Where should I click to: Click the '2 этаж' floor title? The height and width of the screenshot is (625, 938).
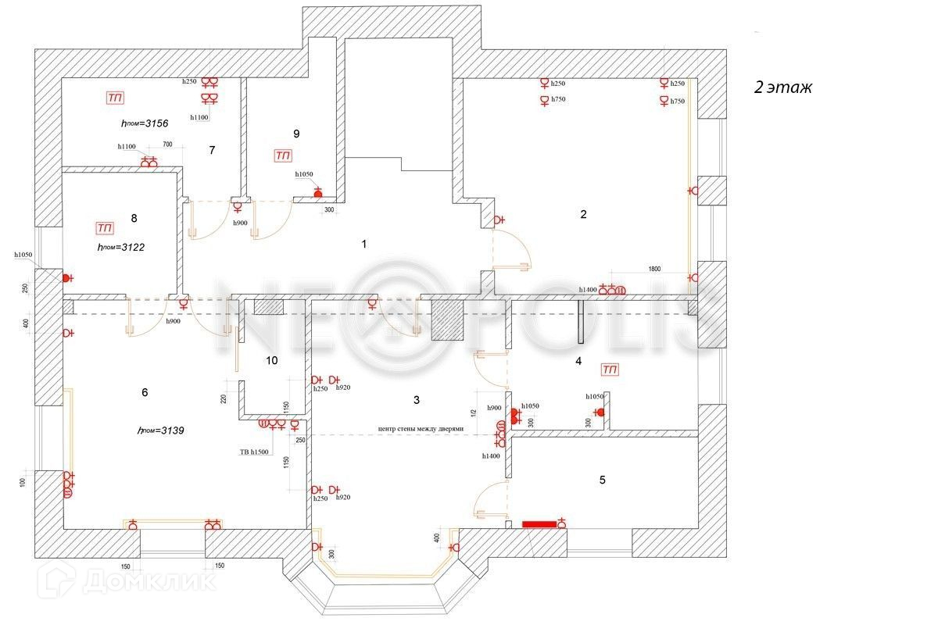[x=782, y=87]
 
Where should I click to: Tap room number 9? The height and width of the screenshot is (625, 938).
[x=296, y=134]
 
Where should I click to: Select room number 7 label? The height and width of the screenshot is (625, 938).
[x=212, y=150]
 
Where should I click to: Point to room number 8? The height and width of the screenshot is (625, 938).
[x=134, y=218]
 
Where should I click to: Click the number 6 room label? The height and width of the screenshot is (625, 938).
[x=145, y=392]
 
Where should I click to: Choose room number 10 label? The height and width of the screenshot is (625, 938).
[x=271, y=361]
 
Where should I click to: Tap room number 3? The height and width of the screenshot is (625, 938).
[x=417, y=400]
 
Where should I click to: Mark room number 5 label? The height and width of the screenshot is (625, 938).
[x=602, y=480]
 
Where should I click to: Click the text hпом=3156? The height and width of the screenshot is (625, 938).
[x=145, y=123]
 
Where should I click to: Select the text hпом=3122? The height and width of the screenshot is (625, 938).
[x=121, y=247]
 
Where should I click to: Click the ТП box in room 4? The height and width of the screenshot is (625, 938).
[x=610, y=369]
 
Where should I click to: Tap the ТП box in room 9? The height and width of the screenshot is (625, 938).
[x=283, y=156]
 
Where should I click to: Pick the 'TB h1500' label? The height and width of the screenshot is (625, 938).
[x=254, y=452]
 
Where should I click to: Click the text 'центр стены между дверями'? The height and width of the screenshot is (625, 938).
[x=421, y=429]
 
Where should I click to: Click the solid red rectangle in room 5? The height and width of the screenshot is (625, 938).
[x=539, y=524]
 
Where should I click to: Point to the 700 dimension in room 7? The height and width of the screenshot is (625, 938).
[x=167, y=145]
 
